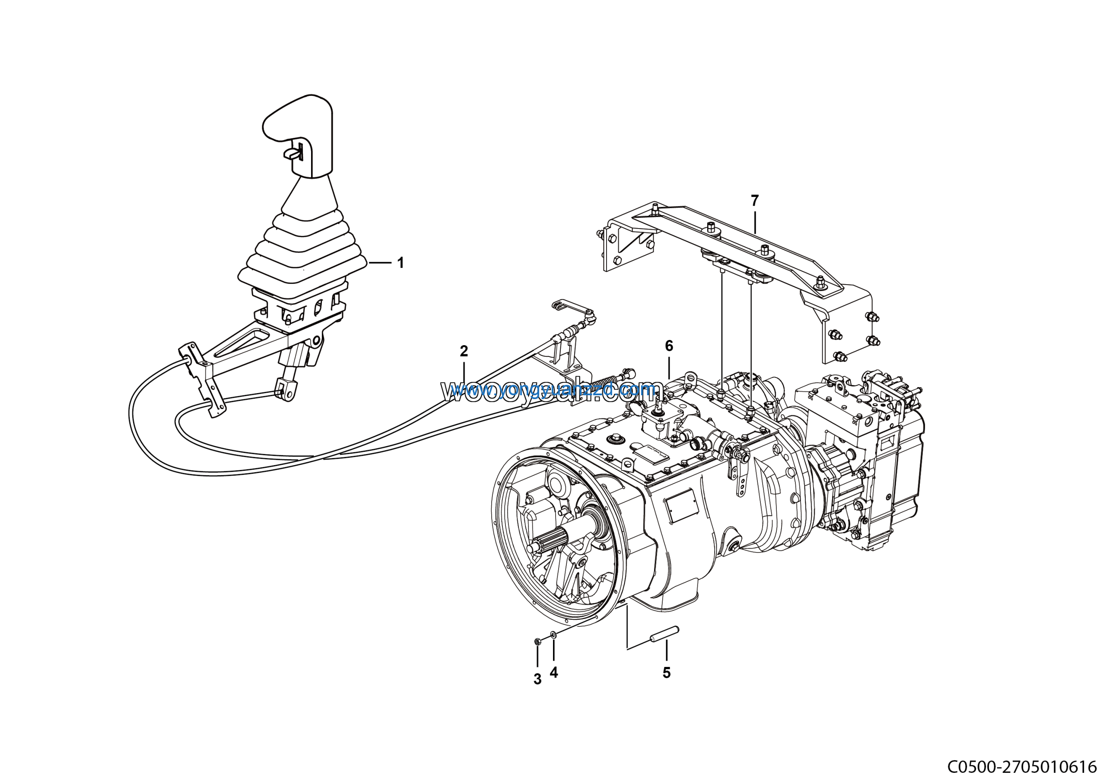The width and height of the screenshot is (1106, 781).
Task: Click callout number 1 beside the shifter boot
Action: (400, 263)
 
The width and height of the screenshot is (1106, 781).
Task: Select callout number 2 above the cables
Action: (464, 351)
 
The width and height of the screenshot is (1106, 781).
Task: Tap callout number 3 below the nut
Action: (537, 679)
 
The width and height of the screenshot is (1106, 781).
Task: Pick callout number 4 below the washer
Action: (554, 673)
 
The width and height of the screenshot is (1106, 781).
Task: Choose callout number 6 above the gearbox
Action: (669, 346)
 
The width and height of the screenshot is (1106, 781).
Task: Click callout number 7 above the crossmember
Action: (755, 200)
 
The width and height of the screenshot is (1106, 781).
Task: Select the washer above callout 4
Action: (553, 635)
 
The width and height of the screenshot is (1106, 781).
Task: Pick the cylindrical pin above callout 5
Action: (665, 634)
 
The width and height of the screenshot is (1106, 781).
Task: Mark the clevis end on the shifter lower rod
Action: (285, 390)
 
